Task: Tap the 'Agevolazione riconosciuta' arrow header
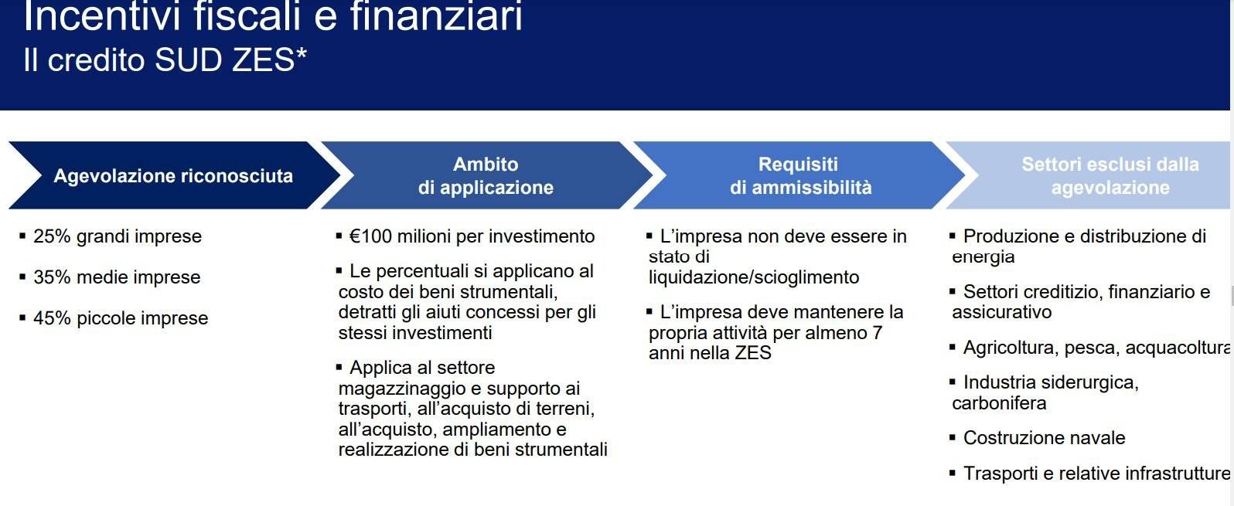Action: (x=174, y=175)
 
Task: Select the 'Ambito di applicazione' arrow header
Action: (x=486, y=175)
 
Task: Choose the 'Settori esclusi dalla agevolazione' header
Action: (x=1102, y=175)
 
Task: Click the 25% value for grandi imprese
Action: (x=52, y=236)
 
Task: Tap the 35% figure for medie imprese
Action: (x=52, y=277)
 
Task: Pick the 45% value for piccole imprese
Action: (x=52, y=318)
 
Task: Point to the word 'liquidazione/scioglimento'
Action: (x=754, y=277)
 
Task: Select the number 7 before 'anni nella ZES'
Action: (x=877, y=332)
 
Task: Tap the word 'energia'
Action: (x=983, y=257)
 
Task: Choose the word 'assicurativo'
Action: (x=1001, y=312)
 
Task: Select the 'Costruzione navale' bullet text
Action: (x=1044, y=438)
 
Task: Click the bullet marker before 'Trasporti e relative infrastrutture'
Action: (x=953, y=473)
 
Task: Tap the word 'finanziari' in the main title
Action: (x=436, y=15)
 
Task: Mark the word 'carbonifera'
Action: (x=999, y=403)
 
